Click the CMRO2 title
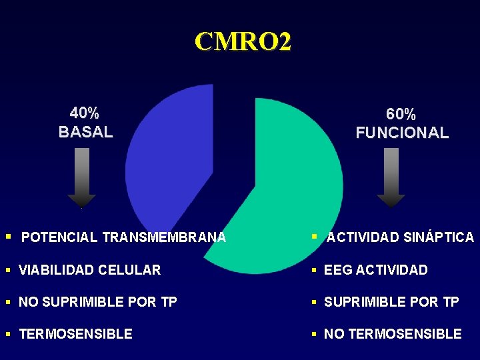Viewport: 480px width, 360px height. pos(243,42)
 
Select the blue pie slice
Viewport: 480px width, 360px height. pos(170,160)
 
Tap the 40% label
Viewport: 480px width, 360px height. pos(85,113)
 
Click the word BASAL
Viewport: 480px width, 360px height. pos(85,132)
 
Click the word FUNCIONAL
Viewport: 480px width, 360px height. pos(402,133)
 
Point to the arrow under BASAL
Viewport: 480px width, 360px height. pos(81,177)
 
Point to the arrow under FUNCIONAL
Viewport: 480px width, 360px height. pos(391,177)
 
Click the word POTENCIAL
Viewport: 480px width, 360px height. pos(59,237)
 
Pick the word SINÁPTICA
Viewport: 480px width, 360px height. pos(439,237)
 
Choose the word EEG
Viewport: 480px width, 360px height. pos(338,270)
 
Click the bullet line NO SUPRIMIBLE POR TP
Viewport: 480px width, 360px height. pos(97,302)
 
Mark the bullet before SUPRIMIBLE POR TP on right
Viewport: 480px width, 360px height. pos(316,302)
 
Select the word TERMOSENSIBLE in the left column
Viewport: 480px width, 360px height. pos(75,334)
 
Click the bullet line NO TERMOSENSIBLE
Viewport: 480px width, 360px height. pos(392,334)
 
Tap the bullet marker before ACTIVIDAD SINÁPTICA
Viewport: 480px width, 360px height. pos(315,237)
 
